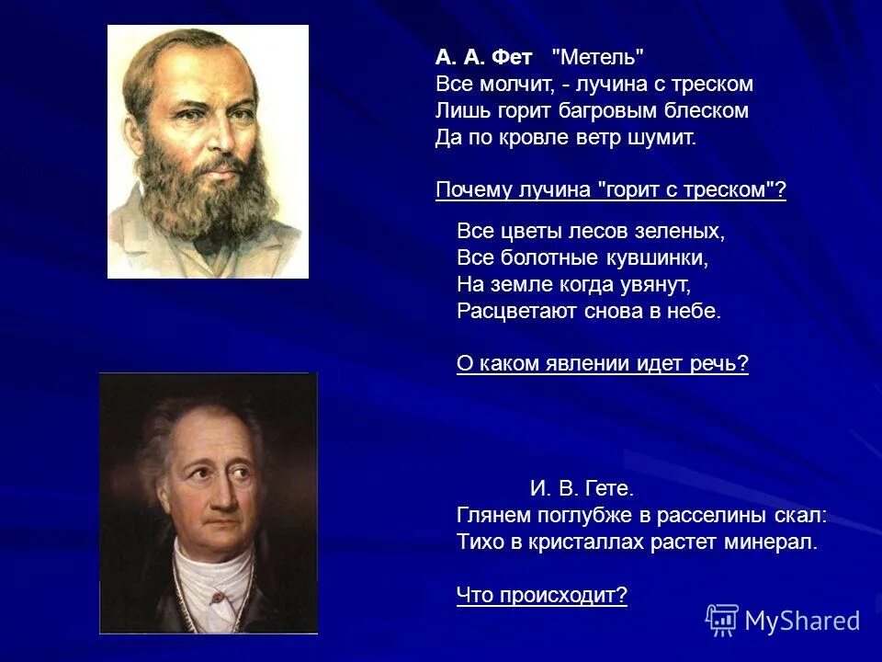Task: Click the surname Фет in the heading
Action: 512,57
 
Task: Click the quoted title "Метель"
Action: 597,57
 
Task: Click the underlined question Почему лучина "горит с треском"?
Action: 611,190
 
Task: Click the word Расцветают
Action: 509,311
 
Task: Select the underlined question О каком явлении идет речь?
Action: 603,364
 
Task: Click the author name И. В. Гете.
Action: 582,488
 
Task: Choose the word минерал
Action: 770,542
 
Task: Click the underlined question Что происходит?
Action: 542,596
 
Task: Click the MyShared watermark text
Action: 802,621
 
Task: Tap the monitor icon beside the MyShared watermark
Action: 722,621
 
